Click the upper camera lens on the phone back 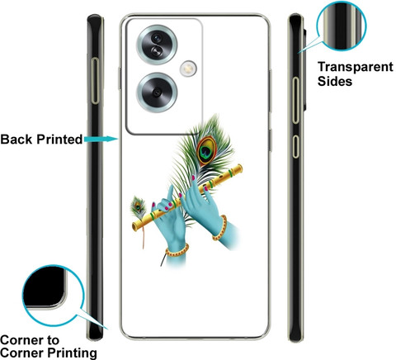click(157, 45)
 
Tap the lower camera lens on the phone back click(157, 92)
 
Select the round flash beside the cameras click(188, 69)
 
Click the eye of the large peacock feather click(206, 150)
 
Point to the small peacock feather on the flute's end click(138, 207)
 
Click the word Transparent click(356, 68)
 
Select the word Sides click(335, 81)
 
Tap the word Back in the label click(16, 140)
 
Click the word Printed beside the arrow click(59, 140)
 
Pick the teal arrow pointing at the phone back click(101, 140)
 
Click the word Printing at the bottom click(72, 353)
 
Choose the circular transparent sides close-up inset click(342, 26)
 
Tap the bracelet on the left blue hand click(177, 251)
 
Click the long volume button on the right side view click(295, 101)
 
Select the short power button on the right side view click(295, 146)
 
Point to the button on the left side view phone click(95, 81)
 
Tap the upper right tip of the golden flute click(240, 167)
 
